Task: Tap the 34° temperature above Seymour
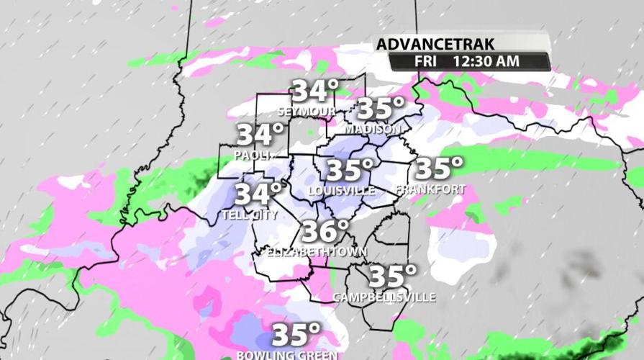[314, 91]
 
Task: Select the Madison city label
[372, 129]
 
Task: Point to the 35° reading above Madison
[381, 109]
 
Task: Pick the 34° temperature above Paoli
[260, 134]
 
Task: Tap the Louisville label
[341, 191]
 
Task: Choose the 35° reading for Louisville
[350, 171]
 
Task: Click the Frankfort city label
[430, 189]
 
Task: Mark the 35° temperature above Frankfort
[440, 168]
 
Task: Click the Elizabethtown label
[317, 252]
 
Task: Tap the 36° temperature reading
[325, 231]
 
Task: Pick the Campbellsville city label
[384, 297]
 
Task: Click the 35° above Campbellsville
[393, 276]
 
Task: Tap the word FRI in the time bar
[426, 61]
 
